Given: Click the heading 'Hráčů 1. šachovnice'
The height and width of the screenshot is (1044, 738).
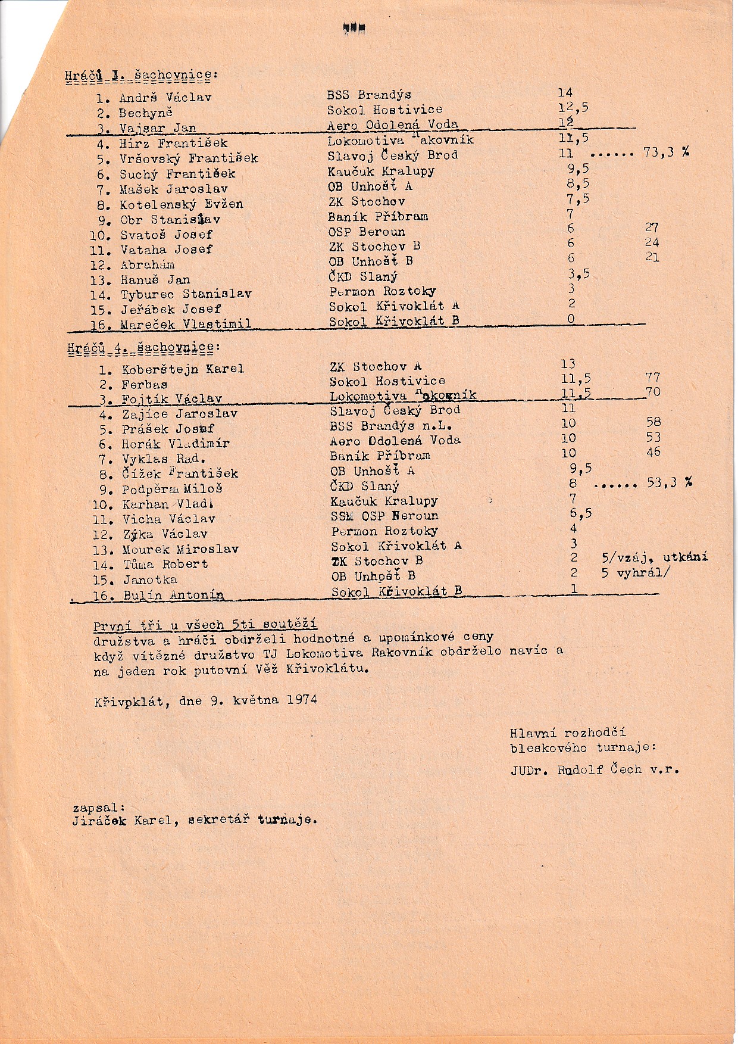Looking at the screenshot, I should [x=140, y=76].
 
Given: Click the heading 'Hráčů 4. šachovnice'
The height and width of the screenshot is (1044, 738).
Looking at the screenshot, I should [x=141, y=347].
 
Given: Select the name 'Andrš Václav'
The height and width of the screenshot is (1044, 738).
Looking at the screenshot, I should [x=165, y=98].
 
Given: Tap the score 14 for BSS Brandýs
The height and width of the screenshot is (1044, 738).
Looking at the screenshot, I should [x=565, y=92].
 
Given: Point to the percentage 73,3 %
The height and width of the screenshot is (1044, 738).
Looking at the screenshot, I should [x=665, y=153].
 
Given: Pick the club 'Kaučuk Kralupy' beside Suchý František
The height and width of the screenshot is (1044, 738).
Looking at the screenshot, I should [x=381, y=172].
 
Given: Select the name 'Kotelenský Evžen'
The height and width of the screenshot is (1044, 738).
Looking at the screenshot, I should [x=182, y=204].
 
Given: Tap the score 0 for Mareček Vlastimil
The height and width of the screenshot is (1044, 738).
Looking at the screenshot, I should [x=571, y=319].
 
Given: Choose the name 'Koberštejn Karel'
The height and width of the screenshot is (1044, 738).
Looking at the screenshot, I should [x=183, y=369].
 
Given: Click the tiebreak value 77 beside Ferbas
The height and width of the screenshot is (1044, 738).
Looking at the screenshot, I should [x=653, y=377].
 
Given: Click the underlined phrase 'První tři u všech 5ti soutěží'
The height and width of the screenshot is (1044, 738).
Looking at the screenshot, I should [x=205, y=625].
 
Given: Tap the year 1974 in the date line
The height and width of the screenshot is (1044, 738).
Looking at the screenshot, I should [x=302, y=700].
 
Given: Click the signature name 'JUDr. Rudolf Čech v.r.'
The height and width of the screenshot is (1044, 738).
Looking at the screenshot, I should [x=594, y=769].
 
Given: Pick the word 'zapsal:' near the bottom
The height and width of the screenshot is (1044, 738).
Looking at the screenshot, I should [x=99, y=808].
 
